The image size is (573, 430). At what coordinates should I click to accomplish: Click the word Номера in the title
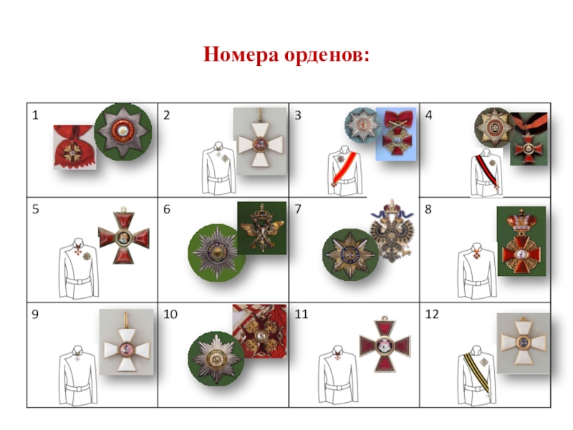[x=241, y=55]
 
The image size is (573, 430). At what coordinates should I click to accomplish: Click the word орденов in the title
[x=325, y=56]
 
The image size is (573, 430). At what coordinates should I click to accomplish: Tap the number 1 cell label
[x=35, y=115]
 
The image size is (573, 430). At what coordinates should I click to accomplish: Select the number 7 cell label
[x=298, y=209]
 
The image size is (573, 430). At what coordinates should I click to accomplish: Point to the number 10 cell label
[x=170, y=314]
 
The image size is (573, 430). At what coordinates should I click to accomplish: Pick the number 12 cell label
[x=432, y=314]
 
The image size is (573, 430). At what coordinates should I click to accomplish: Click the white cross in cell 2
[x=260, y=143]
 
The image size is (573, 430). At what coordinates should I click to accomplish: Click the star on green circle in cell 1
[x=123, y=132]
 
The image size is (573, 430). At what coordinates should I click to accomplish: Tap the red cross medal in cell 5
[x=124, y=236]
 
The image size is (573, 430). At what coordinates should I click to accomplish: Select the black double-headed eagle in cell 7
[x=392, y=231]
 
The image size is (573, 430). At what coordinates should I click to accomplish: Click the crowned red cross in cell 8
[x=521, y=241]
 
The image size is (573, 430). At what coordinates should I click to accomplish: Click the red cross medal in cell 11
[x=385, y=344]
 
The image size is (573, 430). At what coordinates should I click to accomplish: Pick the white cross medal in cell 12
[x=523, y=343]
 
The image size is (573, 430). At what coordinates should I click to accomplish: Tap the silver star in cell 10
[x=216, y=358]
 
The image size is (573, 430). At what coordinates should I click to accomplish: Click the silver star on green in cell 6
[x=216, y=252]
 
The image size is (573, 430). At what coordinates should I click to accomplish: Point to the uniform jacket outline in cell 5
[x=78, y=268]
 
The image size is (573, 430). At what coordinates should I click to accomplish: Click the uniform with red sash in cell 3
[x=345, y=171]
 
